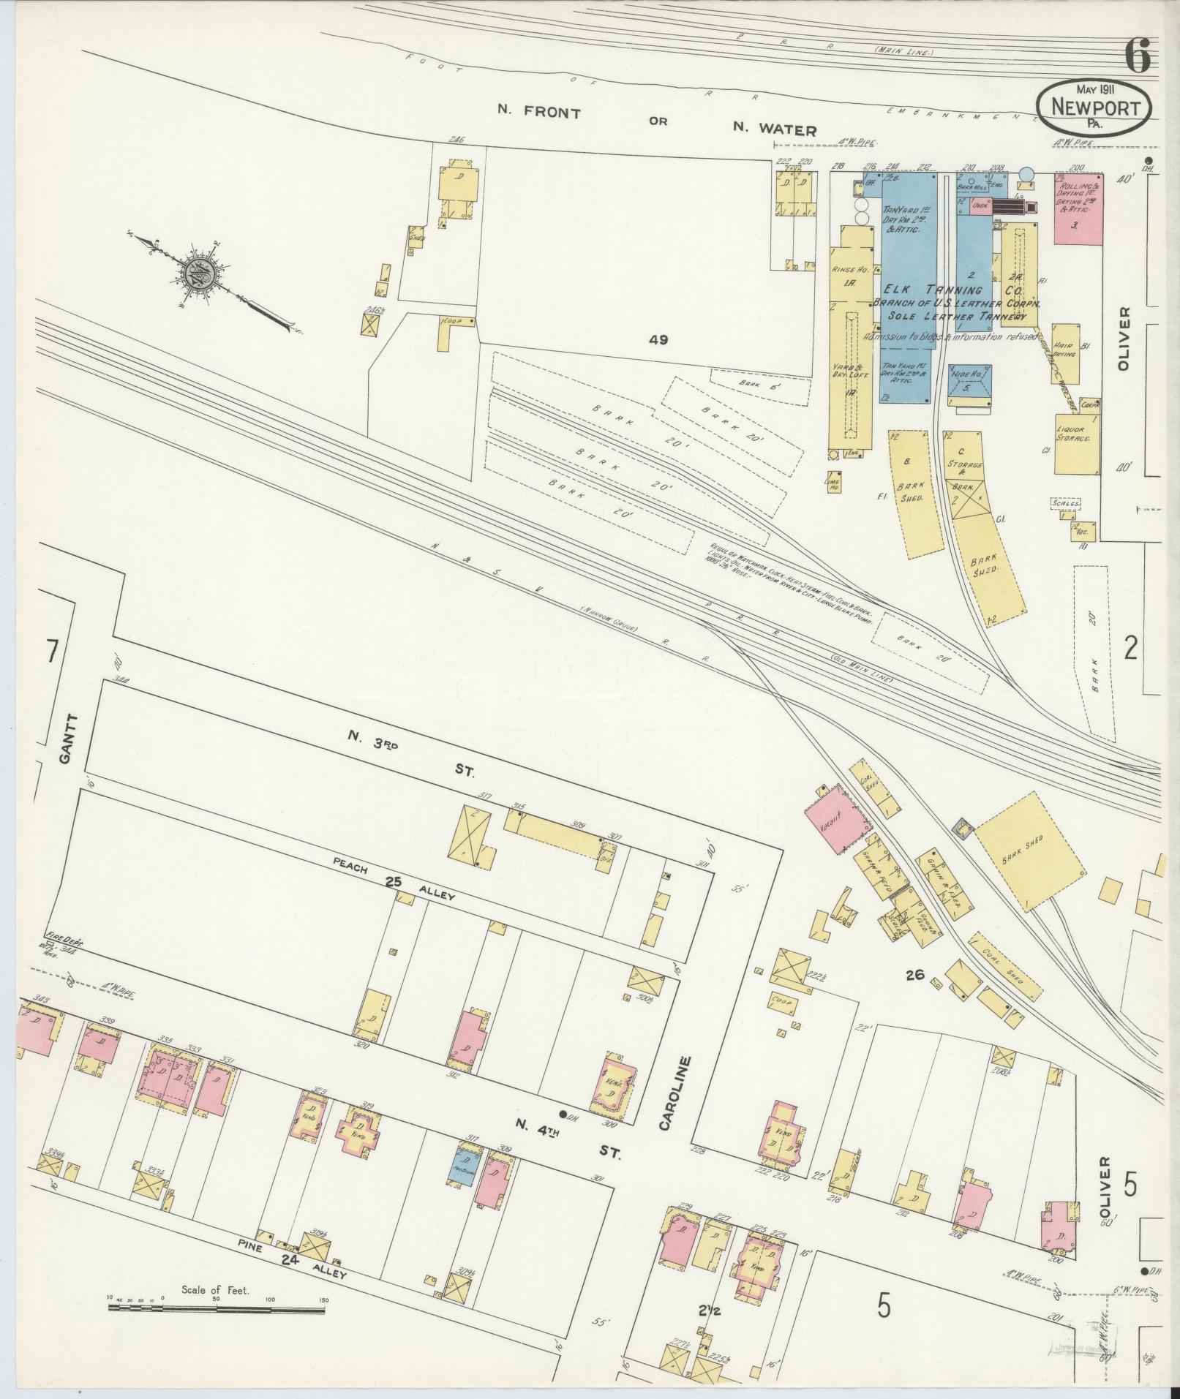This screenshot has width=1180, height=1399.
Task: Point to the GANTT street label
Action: coord(65,739)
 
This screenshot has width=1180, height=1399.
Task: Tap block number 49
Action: coord(658,339)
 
